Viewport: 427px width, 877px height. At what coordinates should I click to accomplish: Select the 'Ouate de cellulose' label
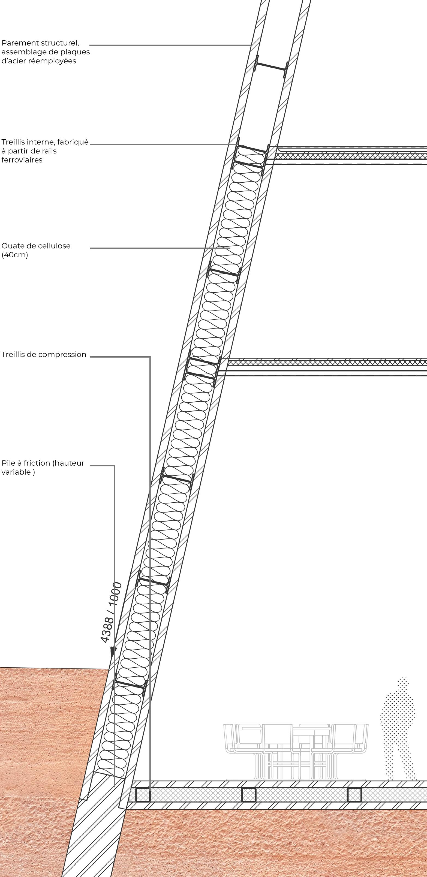coord(36,246)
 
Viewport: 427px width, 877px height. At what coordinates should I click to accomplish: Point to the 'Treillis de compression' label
coord(44,354)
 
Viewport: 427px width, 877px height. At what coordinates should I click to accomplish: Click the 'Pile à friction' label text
coord(43,463)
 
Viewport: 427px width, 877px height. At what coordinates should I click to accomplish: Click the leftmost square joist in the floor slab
coord(143,795)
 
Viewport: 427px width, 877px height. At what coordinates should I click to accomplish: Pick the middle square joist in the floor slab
coord(249,795)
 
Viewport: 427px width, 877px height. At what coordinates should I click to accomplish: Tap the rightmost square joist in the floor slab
coord(354,795)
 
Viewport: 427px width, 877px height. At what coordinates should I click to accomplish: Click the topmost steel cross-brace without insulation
coord(271,67)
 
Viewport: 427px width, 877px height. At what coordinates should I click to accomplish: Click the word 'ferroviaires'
coord(22,160)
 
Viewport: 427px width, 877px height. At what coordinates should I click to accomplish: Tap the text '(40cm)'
coord(15,255)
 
